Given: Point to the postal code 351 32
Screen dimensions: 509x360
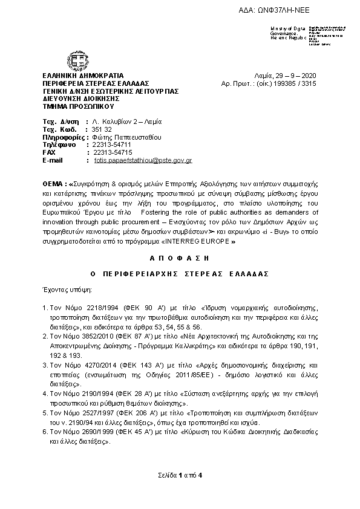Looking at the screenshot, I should pos(99,129).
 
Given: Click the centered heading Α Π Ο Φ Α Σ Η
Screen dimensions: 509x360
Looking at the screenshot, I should pos(180,256).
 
